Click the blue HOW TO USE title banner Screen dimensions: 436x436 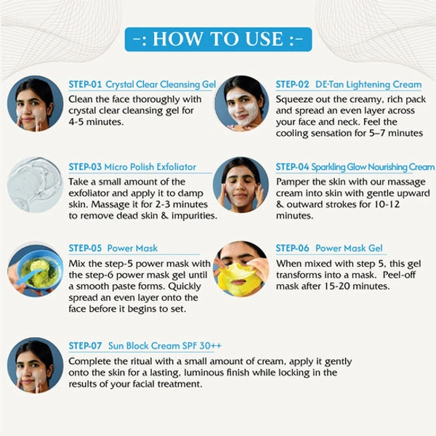[218, 39]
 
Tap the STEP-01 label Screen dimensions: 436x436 [85, 84]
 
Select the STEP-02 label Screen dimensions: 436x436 [292, 84]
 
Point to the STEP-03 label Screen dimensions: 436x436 [85, 167]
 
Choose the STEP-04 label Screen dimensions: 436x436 [292, 167]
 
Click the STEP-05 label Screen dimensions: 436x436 [85, 248]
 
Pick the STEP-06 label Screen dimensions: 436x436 [292, 248]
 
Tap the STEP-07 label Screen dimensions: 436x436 [85, 346]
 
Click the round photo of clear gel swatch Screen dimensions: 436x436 [35, 185]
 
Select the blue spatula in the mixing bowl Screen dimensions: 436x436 [28, 277]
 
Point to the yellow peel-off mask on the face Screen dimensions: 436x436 [240, 279]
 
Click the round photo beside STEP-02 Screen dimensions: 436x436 [242, 103]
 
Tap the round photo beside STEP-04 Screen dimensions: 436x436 [241, 185]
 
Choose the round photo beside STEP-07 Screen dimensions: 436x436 [35, 366]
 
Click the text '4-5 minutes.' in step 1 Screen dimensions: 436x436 [96, 122]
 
